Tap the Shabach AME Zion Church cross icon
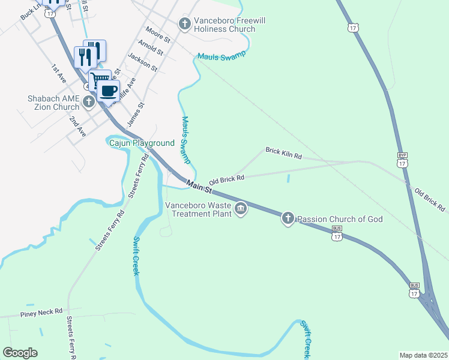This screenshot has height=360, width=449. [x=89, y=101]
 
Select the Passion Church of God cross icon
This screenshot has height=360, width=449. [x=288, y=219]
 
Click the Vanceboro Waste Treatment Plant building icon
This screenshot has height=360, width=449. [x=241, y=209]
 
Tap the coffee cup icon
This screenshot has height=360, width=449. [x=108, y=91]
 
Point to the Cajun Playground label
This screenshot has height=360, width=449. [x=141, y=143]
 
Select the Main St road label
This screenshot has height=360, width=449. [x=199, y=187]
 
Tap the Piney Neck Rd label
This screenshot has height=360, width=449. [x=41, y=312]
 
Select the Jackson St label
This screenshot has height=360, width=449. [x=142, y=62]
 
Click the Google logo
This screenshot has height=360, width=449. [x=20, y=353]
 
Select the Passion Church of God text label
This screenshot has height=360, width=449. [x=340, y=219]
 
